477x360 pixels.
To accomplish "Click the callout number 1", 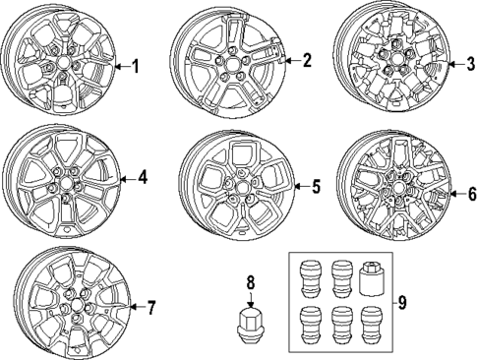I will click(x=136, y=67).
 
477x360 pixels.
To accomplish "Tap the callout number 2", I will click(x=307, y=61).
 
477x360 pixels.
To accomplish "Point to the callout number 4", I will click(x=143, y=178).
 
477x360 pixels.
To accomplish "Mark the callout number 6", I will click(x=469, y=194).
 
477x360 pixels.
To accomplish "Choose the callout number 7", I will click(x=151, y=308).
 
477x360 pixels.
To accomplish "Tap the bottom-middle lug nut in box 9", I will click(x=341, y=323).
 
